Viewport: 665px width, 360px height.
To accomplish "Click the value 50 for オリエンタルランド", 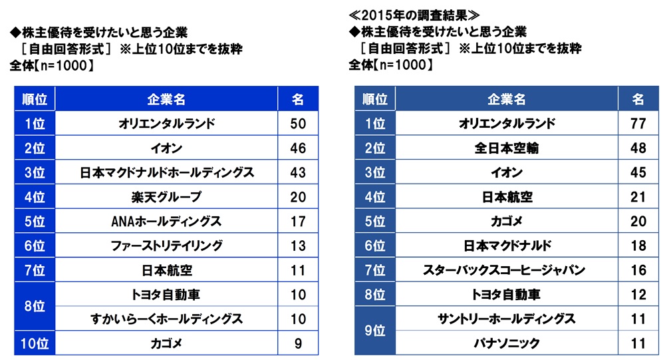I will point(298,123).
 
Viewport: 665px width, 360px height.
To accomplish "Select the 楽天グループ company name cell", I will point(166,197).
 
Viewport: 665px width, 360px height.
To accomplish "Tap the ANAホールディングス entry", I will point(166,222).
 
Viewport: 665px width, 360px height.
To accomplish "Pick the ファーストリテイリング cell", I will point(166,246).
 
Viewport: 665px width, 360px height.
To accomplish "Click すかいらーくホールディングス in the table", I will point(166,319).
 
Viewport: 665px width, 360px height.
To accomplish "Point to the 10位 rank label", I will point(33,344).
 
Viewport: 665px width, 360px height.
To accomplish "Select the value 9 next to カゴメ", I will point(298,344).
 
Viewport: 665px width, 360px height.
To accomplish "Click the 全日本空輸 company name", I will point(507,148).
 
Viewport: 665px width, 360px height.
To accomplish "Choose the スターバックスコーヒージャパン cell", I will point(507,270).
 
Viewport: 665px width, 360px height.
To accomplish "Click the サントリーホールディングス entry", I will point(507,319).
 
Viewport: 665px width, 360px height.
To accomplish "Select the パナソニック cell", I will point(507,344).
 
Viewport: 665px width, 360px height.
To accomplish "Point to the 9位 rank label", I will point(374,331).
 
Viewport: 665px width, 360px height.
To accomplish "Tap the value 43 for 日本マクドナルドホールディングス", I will point(298,172).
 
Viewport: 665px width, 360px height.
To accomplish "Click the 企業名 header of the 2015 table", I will point(507,99).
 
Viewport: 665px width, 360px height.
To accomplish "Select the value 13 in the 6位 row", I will point(298,246).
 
